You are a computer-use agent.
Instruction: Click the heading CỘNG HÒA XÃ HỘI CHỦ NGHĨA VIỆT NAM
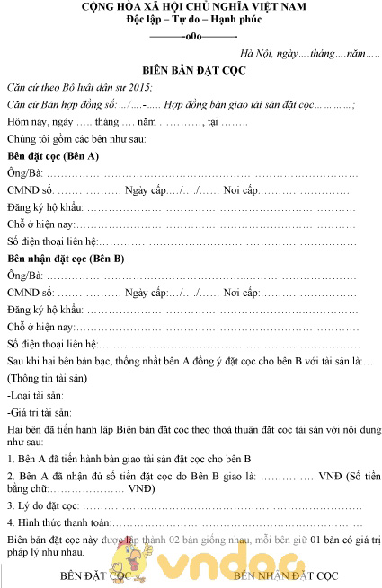pyautogui.click(x=191, y=7)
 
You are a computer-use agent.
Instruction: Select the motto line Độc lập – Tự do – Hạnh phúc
pyautogui.click(x=191, y=21)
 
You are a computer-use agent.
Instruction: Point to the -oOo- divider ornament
pyautogui.click(x=191, y=37)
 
